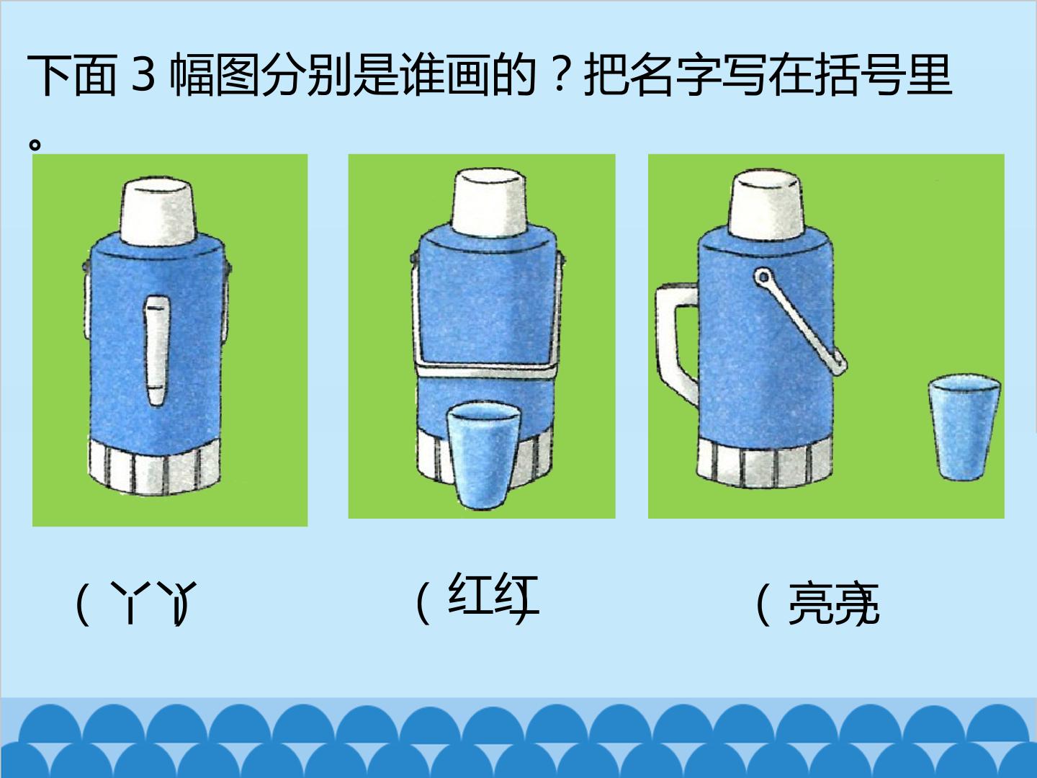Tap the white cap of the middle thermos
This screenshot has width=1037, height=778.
(488, 202)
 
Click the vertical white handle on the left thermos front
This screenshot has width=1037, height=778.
(156, 350)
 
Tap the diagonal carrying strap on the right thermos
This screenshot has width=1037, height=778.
(800, 322)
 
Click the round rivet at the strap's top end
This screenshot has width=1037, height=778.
(762, 277)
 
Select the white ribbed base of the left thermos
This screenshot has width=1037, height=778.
(154, 466)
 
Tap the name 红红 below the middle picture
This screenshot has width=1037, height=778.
(493, 594)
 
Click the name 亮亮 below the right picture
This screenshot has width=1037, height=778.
(833, 604)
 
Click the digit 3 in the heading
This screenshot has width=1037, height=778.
(143, 74)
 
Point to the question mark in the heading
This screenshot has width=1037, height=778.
(560, 75)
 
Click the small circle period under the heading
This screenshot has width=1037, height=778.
(35, 145)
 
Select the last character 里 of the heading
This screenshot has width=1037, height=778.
(929, 75)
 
